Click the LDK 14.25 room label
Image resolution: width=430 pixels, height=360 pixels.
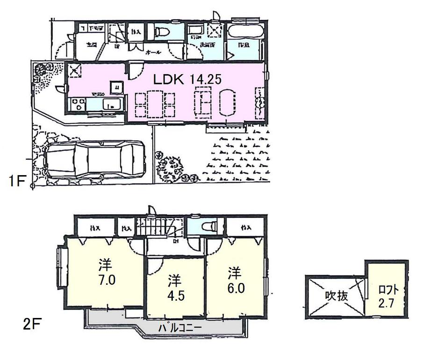click(x=187, y=79)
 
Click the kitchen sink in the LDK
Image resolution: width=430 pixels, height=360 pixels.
click(x=112, y=104)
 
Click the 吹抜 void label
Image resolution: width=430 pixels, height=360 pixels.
click(x=336, y=296)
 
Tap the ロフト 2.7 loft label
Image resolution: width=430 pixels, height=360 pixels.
click(x=386, y=296)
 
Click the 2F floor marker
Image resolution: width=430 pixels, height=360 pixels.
click(x=31, y=324)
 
